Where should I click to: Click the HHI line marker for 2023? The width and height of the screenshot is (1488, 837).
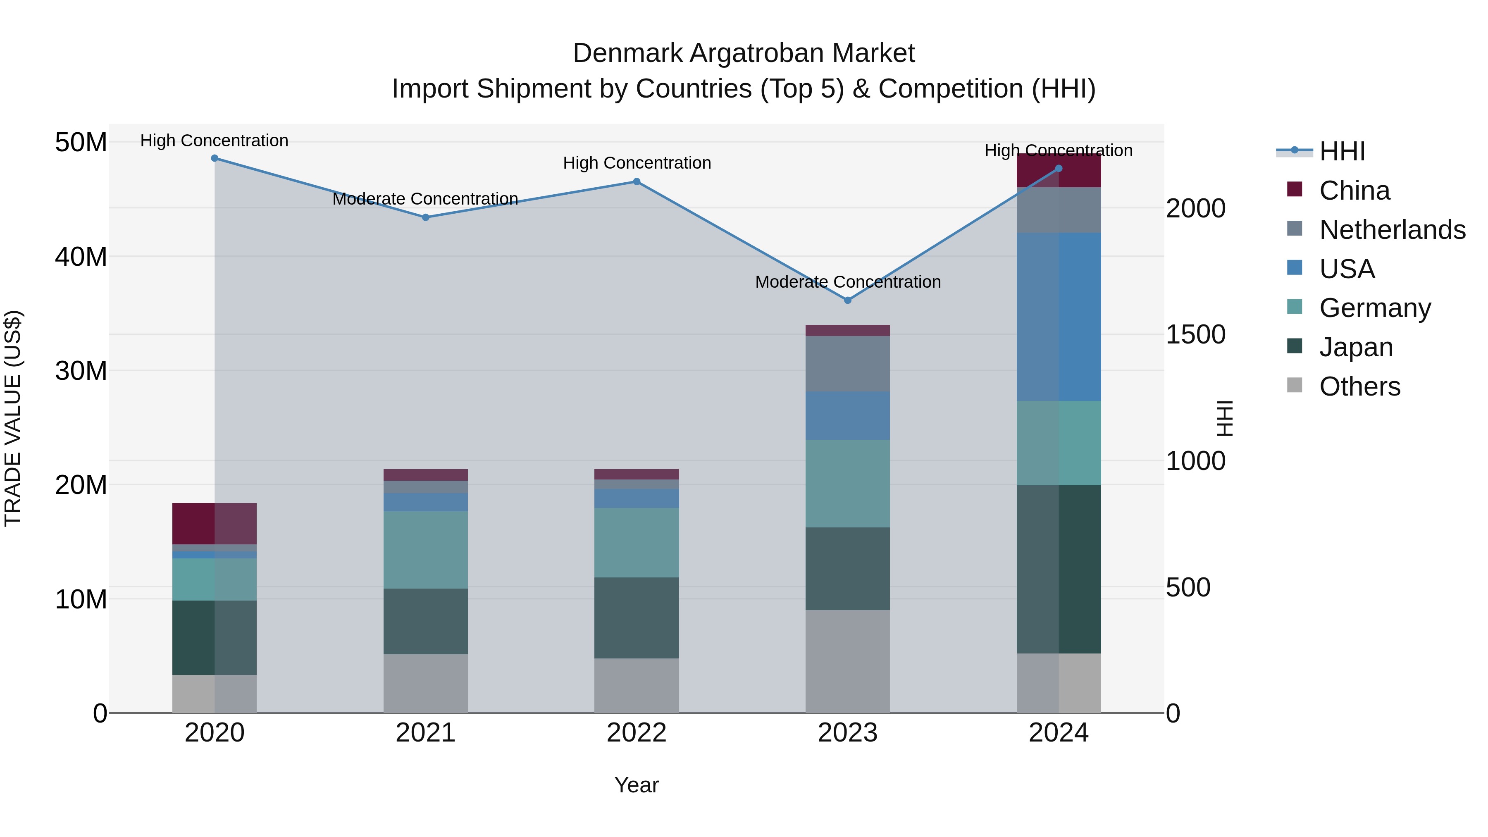coord(847,300)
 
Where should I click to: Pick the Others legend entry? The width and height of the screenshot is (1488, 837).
coord(1359,386)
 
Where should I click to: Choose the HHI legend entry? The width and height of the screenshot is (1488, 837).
coord(1342,151)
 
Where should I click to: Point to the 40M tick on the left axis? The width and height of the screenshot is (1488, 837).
coord(81,256)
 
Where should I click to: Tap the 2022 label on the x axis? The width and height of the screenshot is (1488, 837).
coord(637,733)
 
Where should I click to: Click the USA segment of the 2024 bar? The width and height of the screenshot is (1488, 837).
coord(1059,317)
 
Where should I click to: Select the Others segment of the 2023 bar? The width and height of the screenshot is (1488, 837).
coord(847,661)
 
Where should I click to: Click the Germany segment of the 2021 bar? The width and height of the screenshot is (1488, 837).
coord(425,549)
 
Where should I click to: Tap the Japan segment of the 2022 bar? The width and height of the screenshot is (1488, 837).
coord(637,618)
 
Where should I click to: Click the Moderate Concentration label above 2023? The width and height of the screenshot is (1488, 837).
coord(847,282)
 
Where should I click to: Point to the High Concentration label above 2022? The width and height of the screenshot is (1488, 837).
coord(637,163)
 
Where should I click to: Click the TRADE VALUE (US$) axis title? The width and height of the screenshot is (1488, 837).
coord(13,418)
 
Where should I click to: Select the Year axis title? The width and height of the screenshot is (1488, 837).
coord(637,785)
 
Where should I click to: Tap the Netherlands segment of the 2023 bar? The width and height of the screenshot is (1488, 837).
coord(847,363)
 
